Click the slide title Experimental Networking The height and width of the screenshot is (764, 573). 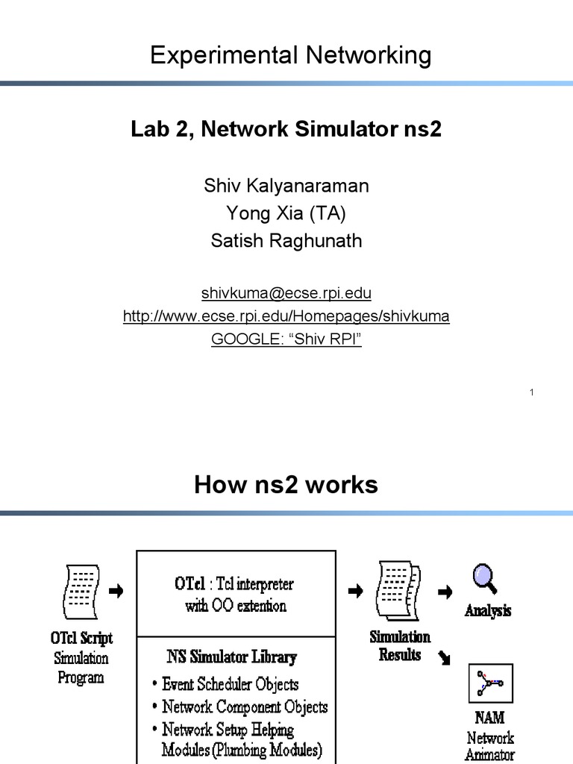pyautogui.click(x=290, y=56)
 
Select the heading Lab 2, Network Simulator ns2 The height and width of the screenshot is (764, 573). pyautogui.click(x=286, y=130)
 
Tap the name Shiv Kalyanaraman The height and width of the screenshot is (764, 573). pyautogui.click(x=286, y=186)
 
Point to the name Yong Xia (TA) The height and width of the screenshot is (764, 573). pyautogui.click(x=286, y=214)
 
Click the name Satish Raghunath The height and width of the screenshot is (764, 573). pyautogui.click(x=286, y=241)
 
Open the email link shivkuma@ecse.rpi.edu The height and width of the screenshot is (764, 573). pyautogui.click(x=286, y=292)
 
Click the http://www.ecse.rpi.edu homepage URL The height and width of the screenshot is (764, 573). pyautogui.click(x=286, y=316)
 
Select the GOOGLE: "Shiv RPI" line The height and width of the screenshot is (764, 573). pyautogui.click(x=286, y=339)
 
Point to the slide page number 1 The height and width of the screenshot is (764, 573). pyautogui.click(x=532, y=392)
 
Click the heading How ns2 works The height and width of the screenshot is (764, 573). pyautogui.click(x=286, y=486)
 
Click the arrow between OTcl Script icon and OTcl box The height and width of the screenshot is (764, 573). pyautogui.click(x=116, y=592)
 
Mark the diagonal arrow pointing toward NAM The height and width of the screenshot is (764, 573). pyautogui.click(x=445, y=657)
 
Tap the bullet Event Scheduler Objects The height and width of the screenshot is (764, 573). pyautogui.click(x=230, y=684)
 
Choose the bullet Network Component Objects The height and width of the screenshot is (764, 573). pyautogui.click(x=244, y=707)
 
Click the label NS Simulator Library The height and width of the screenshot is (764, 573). pyautogui.click(x=231, y=657)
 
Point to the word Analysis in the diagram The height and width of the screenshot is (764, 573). pyautogui.click(x=488, y=611)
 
